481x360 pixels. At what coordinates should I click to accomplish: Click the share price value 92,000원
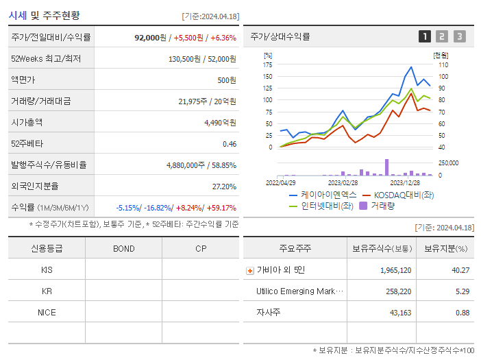tap(151, 38)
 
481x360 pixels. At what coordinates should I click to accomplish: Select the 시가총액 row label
tap(27, 123)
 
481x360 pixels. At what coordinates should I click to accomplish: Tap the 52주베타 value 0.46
tap(229, 144)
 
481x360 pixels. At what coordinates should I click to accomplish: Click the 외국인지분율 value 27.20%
tap(224, 187)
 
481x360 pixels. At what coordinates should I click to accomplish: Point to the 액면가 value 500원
tap(227, 80)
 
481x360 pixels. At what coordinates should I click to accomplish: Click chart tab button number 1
tap(425, 36)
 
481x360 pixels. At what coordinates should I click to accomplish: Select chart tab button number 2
tap(442, 36)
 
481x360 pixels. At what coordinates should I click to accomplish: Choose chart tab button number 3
tap(459, 36)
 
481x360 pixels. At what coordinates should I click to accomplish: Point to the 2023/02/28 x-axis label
tap(343, 183)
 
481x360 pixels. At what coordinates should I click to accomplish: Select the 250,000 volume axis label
tap(449, 163)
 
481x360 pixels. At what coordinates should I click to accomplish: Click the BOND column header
tap(124, 248)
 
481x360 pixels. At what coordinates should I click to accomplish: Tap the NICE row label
tap(47, 312)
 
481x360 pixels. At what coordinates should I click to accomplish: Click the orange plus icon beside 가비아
tap(249, 270)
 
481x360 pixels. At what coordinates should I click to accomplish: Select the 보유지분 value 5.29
tap(462, 291)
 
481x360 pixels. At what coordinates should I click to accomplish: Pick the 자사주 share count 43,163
tap(396, 313)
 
